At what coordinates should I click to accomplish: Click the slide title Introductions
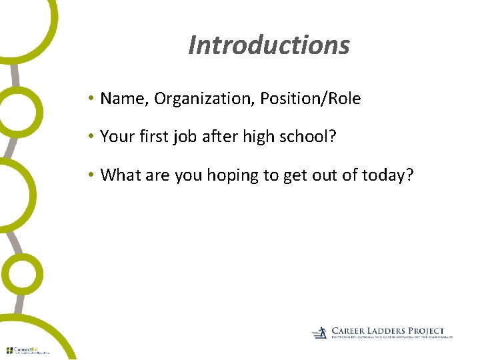pyautogui.click(x=269, y=45)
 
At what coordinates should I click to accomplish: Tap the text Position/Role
pyautogui.click(x=311, y=99)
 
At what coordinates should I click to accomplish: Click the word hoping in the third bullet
pyautogui.click(x=233, y=175)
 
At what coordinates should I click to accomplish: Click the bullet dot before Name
pyautogui.click(x=90, y=99)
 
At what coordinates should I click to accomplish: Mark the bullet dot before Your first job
pyautogui.click(x=90, y=137)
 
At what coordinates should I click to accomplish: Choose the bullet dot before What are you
pyautogui.click(x=90, y=176)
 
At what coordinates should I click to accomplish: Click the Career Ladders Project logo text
pyautogui.click(x=387, y=331)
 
